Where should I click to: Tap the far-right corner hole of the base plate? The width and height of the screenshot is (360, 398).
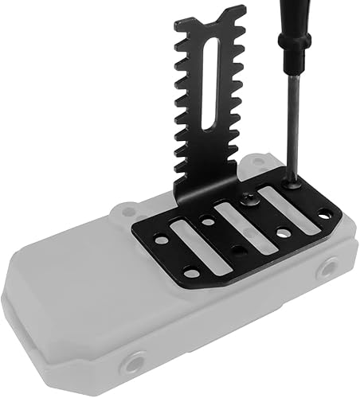325,213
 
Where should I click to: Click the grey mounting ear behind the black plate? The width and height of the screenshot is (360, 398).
125,213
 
